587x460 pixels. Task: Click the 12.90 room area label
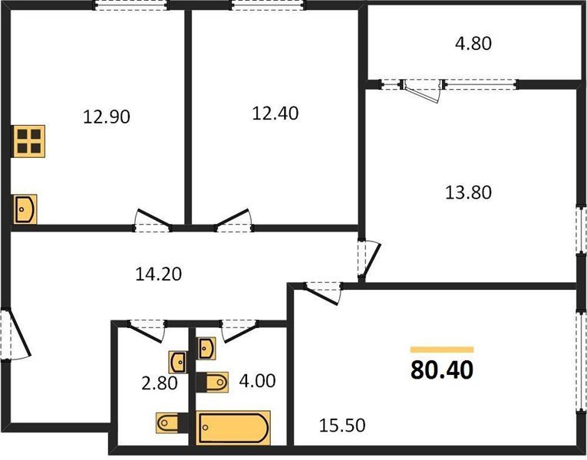(107, 117)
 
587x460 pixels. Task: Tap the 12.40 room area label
(275, 113)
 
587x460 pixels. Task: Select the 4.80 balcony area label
(473, 44)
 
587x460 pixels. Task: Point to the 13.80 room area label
(468, 192)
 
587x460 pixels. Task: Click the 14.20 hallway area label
(158, 274)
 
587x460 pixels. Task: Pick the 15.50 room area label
(342, 426)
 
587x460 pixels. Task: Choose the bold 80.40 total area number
(442, 370)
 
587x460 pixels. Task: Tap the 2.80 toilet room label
(160, 383)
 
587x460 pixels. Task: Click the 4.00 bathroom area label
(258, 381)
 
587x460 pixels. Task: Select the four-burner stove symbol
(28, 141)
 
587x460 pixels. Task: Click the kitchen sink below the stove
(25, 209)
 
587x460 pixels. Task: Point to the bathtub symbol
(233, 428)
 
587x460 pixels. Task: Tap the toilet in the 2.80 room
(172, 422)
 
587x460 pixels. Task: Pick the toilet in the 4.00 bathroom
(213, 383)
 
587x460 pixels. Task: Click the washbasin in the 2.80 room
(178, 362)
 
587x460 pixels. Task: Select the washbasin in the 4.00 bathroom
(207, 349)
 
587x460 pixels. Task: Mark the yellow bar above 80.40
(442, 350)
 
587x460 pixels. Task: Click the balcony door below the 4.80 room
(422, 90)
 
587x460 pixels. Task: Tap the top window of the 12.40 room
(269, 5)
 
